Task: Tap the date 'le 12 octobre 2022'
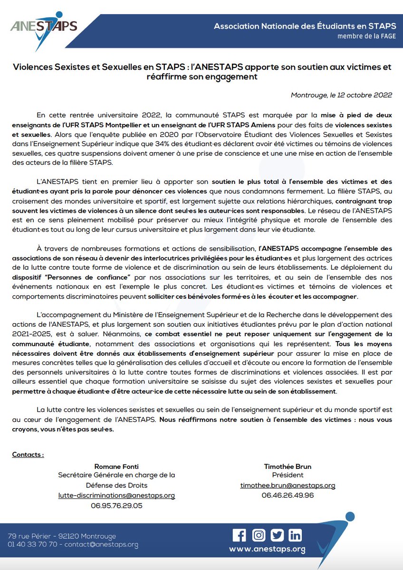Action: [x=361, y=95]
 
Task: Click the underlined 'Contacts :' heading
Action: [x=28, y=455]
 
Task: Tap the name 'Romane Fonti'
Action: [x=116, y=467]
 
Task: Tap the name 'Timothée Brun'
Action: [x=288, y=467]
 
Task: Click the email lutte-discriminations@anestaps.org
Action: [x=116, y=495]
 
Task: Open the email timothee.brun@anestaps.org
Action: [x=288, y=485]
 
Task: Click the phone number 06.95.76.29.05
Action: [x=116, y=506]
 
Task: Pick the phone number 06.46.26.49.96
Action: [x=288, y=495]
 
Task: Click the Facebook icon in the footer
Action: [x=240, y=535]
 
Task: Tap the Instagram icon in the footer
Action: [x=259, y=535]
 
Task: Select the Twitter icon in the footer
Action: [x=277, y=535]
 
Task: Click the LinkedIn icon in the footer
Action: [x=295, y=535]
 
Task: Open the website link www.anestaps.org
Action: [x=267, y=550]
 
